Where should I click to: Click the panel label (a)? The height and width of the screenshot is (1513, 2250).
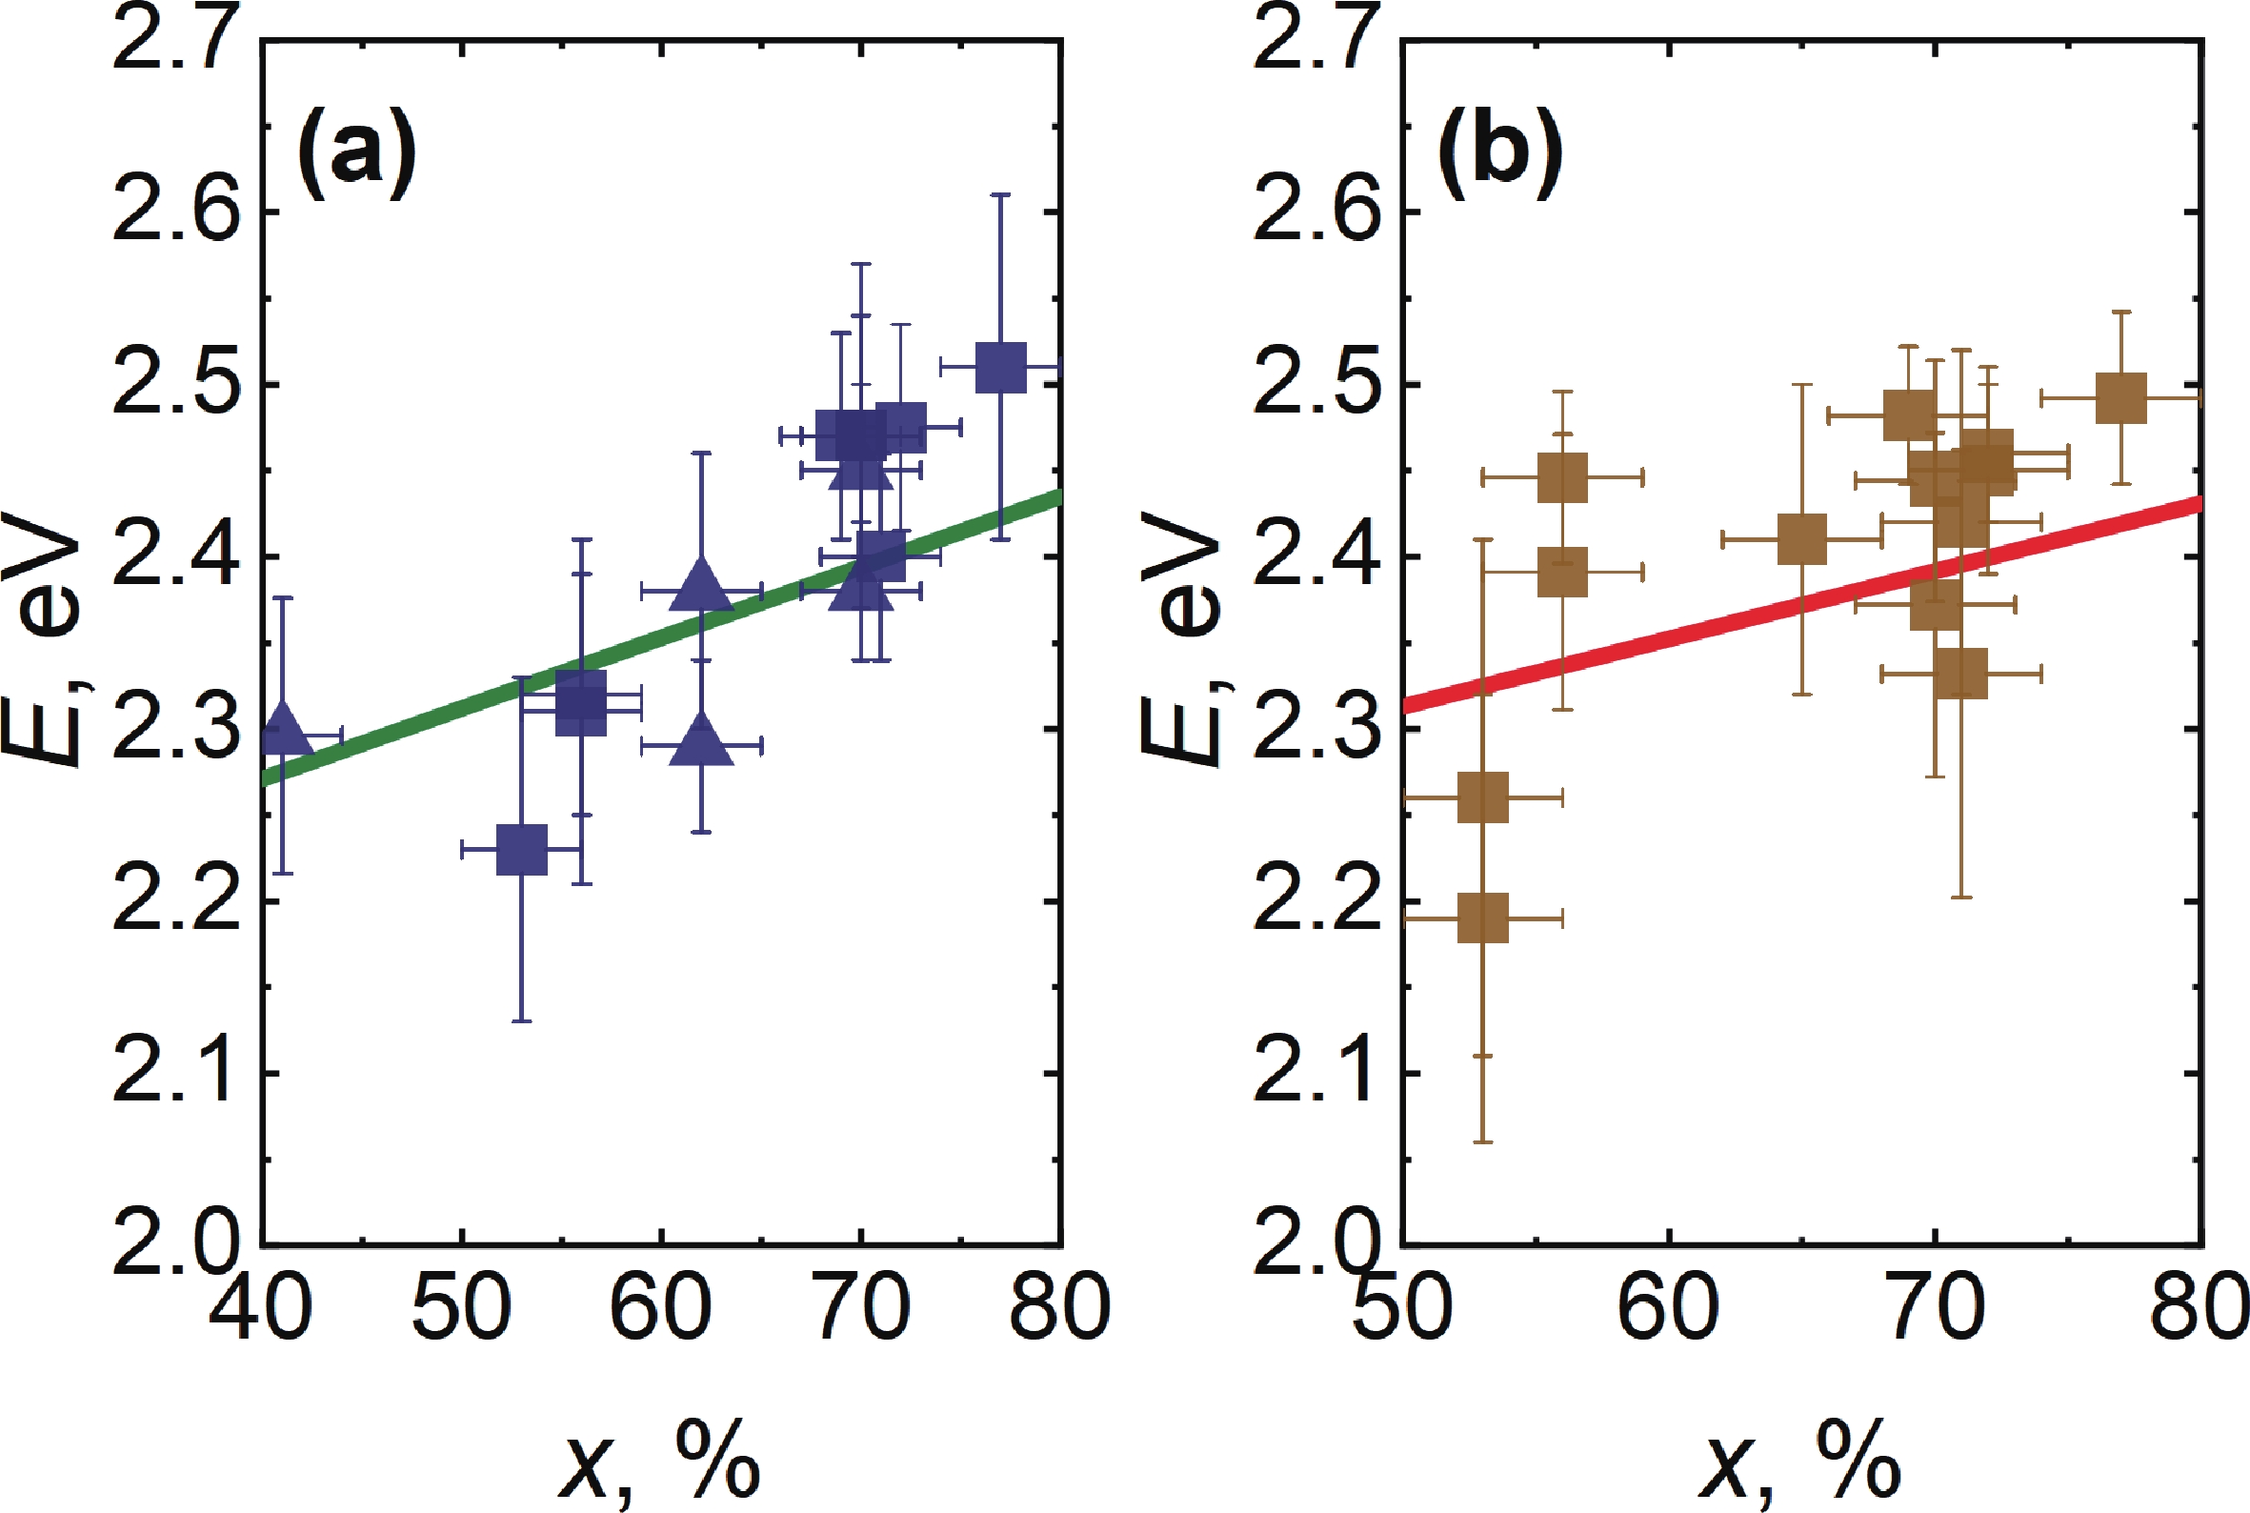click(x=356, y=151)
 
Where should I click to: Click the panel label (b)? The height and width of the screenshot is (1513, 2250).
click(x=1498, y=151)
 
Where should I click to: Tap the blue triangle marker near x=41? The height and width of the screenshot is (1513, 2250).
click(x=282, y=730)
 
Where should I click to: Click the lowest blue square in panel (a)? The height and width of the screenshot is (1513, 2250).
click(x=522, y=849)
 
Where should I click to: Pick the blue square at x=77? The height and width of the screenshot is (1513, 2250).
click(x=1001, y=367)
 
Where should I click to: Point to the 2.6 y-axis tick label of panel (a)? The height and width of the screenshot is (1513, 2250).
click(x=174, y=212)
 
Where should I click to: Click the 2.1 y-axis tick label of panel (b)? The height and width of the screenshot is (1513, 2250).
click(x=1316, y=1073)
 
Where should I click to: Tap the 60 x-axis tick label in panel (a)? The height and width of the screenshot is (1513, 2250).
click(x=661, y=1306)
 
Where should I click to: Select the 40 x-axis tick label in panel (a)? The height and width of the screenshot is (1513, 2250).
click(x=260, y=1306)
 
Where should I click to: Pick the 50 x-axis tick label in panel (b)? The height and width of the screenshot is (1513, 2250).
click(x=1403, y=1306)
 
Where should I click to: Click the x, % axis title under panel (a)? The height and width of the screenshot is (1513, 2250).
click(x=660, y=1459)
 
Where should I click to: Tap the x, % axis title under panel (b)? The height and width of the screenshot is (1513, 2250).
click(x=1800, y=1459)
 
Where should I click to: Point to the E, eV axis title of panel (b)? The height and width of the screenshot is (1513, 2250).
click(x=1182, y=636)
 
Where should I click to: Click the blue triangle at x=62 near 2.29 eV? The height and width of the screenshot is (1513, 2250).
click(x=701, y=741)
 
